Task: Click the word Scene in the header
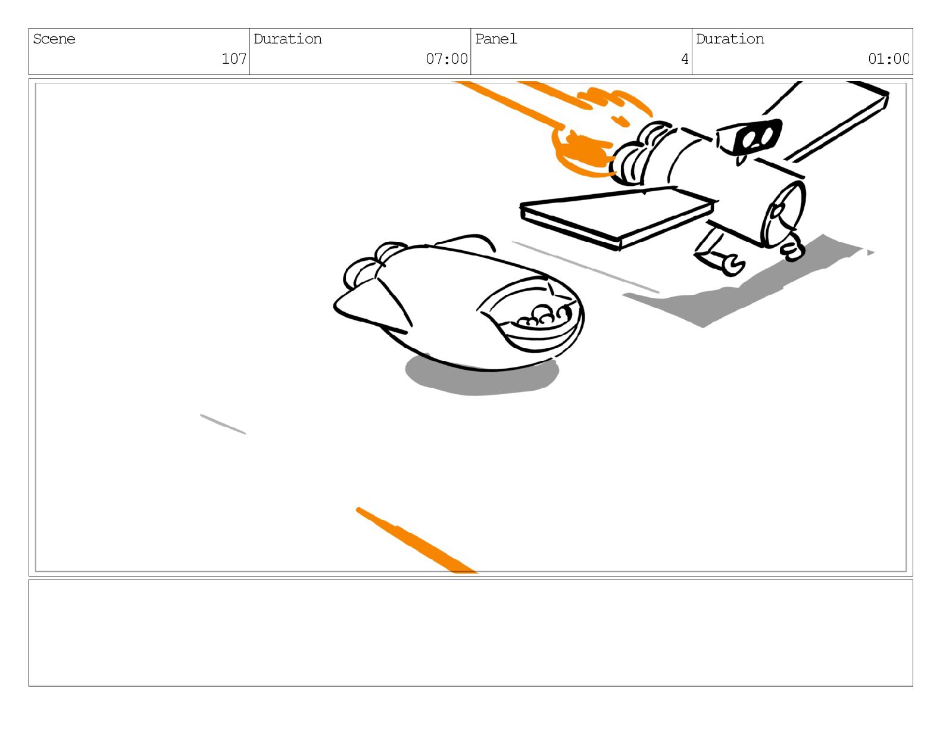click(x=54, y=39)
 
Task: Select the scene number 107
click(x=234, y=59)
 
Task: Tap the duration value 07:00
click(x=446, y=59)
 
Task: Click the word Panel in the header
click(x=496, y=39)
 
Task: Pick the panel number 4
click(x=685, y=59)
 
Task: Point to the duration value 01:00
click(x=888, y=59)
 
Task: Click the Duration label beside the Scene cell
click(x=288, y=39)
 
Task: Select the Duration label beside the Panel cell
click(x=730, y=39)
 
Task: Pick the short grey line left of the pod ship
click(x=223, y=424)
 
